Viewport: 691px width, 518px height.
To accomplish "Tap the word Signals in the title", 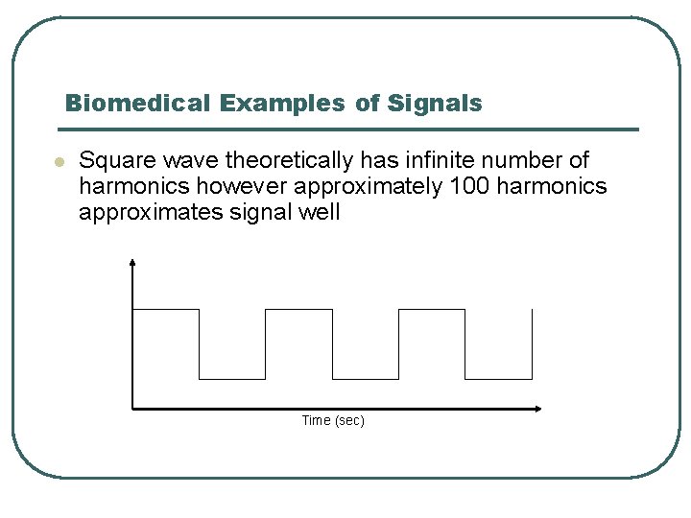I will point(435,104).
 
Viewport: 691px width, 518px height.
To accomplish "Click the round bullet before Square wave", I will point(58,162).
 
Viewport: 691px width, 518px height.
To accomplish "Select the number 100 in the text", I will point(468,186).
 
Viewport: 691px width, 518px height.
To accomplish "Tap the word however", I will point(197,186).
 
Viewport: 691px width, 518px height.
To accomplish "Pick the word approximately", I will point(345,186).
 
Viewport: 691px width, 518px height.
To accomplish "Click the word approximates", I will point(148,212).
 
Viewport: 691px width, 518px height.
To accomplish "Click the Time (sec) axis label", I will point(333,420).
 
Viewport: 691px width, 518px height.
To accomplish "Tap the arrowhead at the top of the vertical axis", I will point(132,260).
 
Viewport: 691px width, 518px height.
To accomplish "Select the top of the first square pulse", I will point(165,309).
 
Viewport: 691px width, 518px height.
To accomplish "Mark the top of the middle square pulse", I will point(298,309).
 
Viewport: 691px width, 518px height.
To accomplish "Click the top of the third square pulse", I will point(431,309).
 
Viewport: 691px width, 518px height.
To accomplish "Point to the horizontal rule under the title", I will point(346,129).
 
